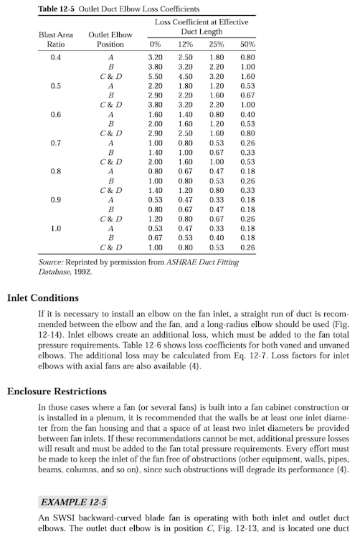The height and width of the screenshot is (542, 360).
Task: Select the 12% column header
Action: (x=185, y=44)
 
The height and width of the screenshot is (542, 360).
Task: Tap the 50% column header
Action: (x=248, y=44)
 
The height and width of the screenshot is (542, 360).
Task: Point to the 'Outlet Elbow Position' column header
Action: (x=110, y=39)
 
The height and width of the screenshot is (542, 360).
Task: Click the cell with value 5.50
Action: (x=154, y=76)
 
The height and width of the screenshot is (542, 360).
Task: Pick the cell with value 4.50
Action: (x=185, y=76)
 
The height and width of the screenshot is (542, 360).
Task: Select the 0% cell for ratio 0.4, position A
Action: (x=154, y=57)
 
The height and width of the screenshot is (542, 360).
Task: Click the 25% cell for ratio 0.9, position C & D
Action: (x=217, y=219)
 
